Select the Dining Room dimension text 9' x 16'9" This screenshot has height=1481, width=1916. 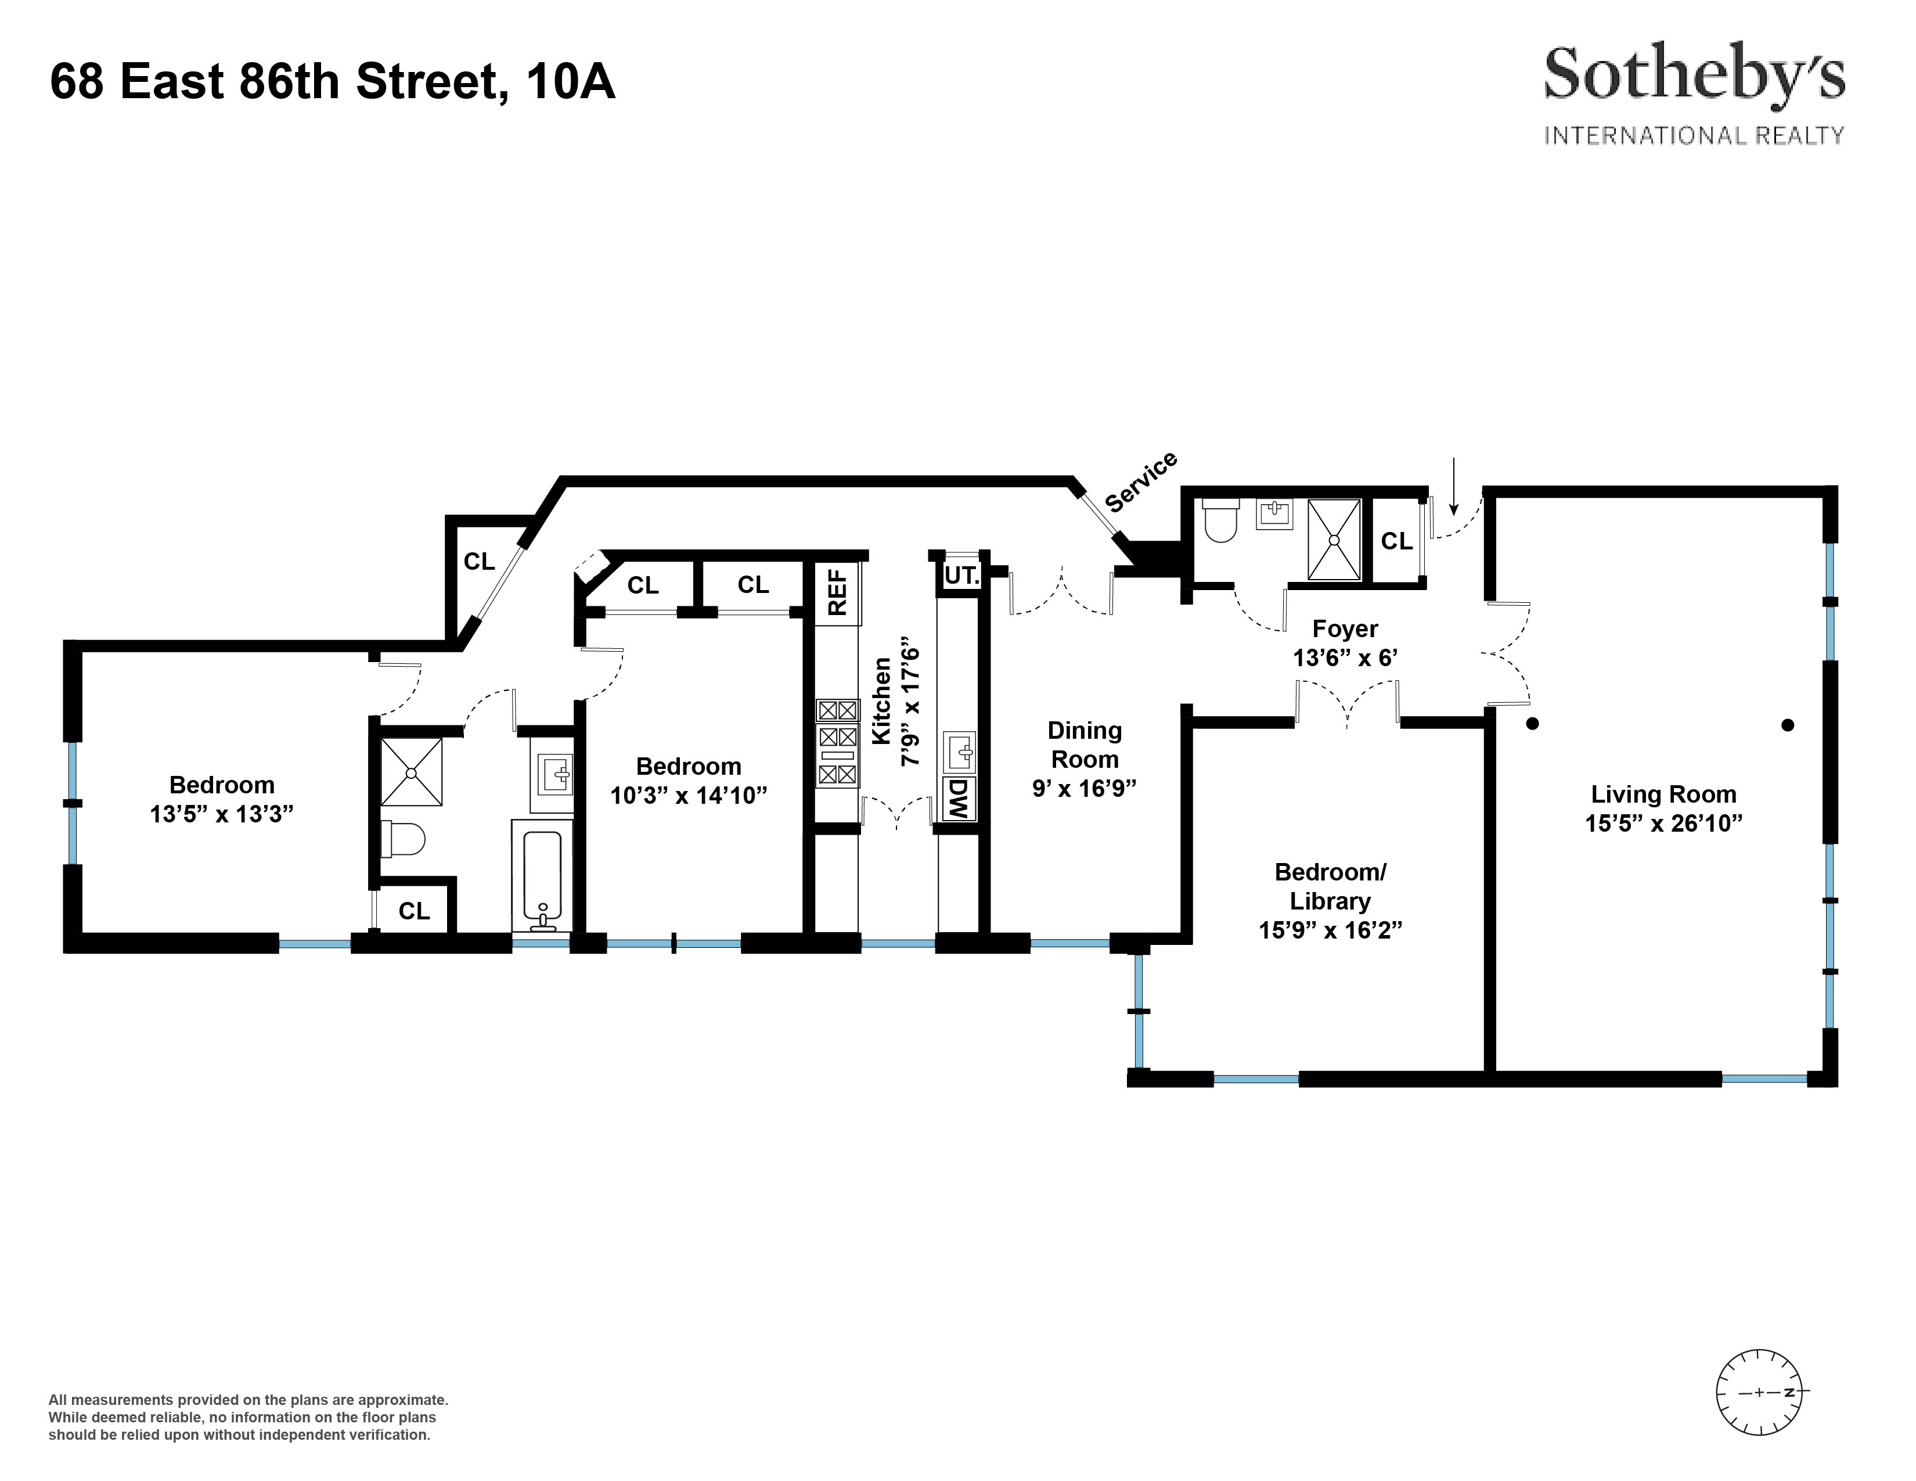[1085, 788]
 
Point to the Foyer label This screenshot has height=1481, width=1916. [1345, 628]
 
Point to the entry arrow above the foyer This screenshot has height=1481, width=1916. [1454, 486]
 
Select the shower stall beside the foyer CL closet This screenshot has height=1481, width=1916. [1334, 539]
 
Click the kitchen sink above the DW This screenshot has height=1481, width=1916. [959, 752]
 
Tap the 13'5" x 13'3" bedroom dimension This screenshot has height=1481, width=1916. [221, 814]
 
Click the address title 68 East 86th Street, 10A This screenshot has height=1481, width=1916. [333, 81]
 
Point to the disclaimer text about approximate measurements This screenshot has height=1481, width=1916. [248, 1417]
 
